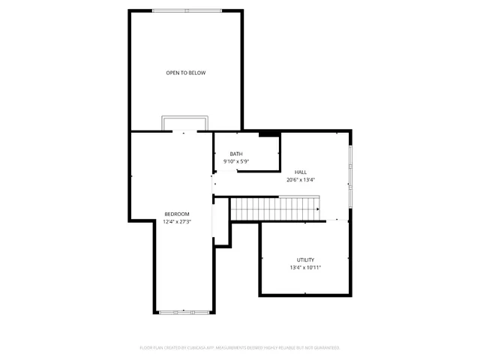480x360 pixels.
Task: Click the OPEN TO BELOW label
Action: pyautogui.click(x=186, y=73)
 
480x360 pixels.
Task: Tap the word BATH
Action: pyautogui.click(x=235, y=154)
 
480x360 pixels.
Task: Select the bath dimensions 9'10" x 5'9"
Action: pyautogui.click(x=235, y=162)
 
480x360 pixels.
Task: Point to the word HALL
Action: pyautogui.click(x=300, y=172)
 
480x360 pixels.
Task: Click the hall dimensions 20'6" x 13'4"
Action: pyautogui.click(x=300, y=180)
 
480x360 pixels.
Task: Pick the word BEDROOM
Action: pyautogui.click(x=177, y=214)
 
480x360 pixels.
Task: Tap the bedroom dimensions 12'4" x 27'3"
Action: pyautogui.click(x=177, y=222)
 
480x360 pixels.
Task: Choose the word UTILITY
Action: pyautogui.click(x=305, y=259)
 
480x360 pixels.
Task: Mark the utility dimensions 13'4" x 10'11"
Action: pyautogui.click(x=305, y=268)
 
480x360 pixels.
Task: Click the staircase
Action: pyautogui.click(x=274, y=209)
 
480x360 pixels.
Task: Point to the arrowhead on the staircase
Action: pyautogui.click(x=318, y=209)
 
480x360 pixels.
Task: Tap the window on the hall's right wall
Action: pyautogui.click(x=350, y=177)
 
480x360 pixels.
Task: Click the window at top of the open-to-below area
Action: pyautogui.click(x=186, y=10)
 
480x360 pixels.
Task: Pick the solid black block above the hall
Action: pyautogui.click(x=269, y=134)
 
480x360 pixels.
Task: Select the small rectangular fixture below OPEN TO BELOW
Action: pyautogui.click(x=185, y=123)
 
